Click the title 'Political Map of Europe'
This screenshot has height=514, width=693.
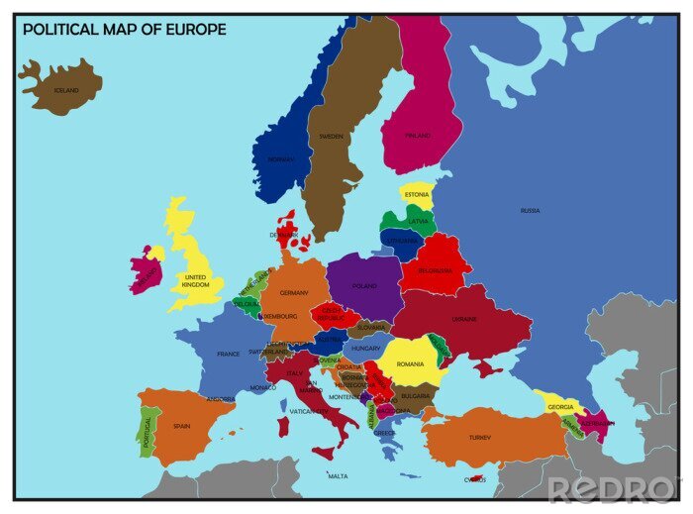124,30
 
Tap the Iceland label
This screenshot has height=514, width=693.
65,90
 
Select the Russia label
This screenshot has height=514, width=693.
531,210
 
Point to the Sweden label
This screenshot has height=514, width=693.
330,136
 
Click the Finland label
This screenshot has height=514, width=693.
420,136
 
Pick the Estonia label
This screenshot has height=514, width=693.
417,195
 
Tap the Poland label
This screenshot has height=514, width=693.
364,286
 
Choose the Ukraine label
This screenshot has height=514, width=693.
464,319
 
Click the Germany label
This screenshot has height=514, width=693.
294,293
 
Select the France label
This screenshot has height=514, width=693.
229,354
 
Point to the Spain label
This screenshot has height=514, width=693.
181,426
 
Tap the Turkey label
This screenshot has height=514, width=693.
480,437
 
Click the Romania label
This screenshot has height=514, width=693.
410,364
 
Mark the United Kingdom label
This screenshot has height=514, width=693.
196,281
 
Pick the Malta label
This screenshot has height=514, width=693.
339,476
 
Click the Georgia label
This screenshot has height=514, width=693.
560,407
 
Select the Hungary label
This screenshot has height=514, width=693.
366,349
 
